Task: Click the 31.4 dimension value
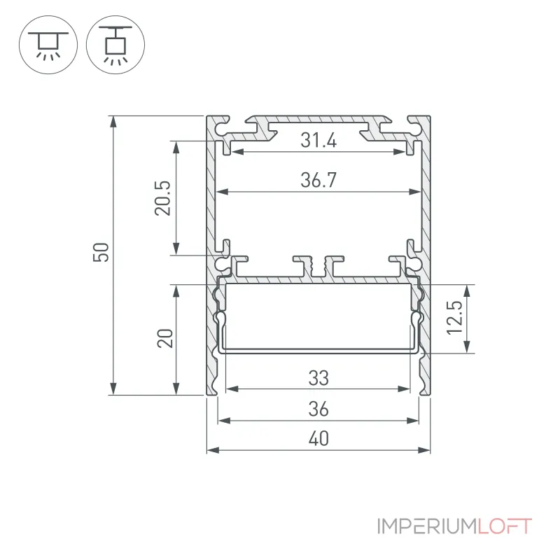pos(318,140)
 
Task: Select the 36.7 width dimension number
pos(318,180)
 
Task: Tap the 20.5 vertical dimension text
pos(162,198)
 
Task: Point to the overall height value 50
pos(101,252)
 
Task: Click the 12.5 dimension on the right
pos(454,318)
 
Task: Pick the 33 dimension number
pos(318,378)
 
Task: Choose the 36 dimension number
pos(318,409)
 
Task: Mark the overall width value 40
pos(318,439)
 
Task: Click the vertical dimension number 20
pos(165,338)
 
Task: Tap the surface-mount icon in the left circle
pos(48,45)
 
